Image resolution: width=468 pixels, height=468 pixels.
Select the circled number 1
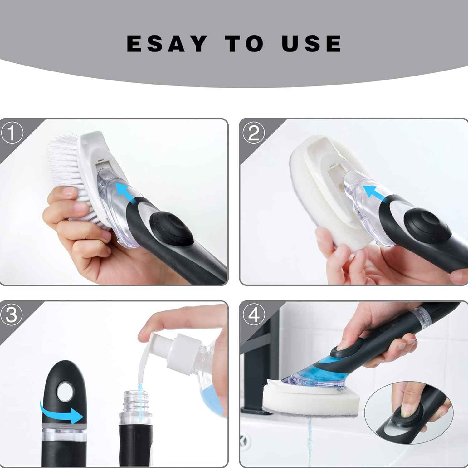(12, 133)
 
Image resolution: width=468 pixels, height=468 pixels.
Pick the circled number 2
(253, 133)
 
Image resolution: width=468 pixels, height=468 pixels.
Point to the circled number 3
(12, 315)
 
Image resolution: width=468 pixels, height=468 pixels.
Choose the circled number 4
(254, 315)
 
